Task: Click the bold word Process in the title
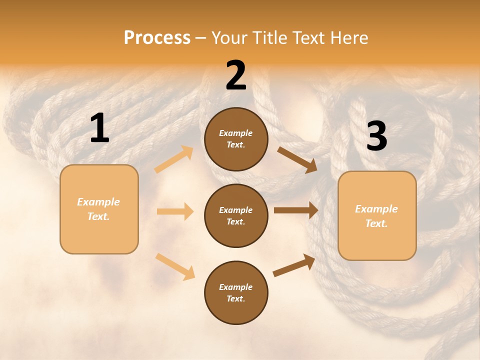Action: pyautogui.click(x=157, y=38)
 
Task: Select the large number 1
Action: pyautogui.click(x=99, y=128)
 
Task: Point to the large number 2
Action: pyautogui.click(x=236, y=75)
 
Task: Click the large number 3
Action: pyautogui.click(x=376, y=136)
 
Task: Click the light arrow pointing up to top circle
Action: pyautogui.click(x=174, y=159)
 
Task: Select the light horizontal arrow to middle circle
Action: pyautogui.click(x=175, y=211)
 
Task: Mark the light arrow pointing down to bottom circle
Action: pyautogui.click(x=175, y=266)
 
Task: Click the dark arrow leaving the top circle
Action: pyautogui.click(x=297, y=160)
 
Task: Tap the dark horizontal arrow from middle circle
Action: pyautogui.click(x=295, y=210)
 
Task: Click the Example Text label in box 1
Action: pyautogui.click(x=98, y=209)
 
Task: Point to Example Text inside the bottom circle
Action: pyautogui.click(x=235, y=292)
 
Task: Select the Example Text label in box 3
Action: pyautogui.click(x=376, y=216)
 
